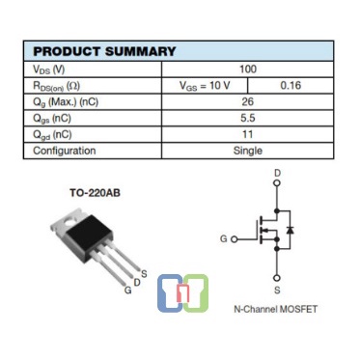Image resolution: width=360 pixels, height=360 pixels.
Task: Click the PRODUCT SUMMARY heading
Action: (104, 51)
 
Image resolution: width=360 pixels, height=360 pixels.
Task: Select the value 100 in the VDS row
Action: (248, 69)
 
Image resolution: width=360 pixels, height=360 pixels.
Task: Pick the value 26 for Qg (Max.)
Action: (248, 101)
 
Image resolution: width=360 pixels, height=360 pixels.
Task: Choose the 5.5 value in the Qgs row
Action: (248, 118)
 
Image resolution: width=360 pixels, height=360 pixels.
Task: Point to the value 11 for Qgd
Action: (248, 134)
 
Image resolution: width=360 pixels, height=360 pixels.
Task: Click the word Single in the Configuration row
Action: (248, 151)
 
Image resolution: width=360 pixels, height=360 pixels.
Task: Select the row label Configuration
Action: (65, 151)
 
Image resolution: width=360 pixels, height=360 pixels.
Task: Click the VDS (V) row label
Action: (49, 69)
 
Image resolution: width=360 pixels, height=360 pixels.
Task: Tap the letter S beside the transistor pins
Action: (144, 272)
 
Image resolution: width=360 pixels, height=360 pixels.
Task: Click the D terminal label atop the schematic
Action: (277, 175)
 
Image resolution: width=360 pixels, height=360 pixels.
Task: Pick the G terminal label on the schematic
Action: (223, 237)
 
